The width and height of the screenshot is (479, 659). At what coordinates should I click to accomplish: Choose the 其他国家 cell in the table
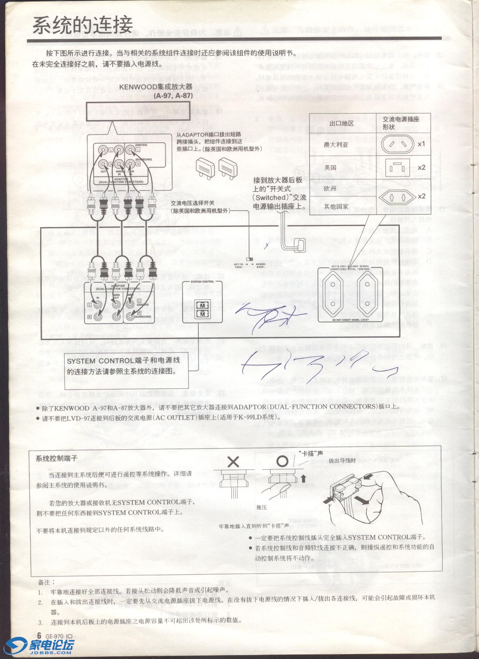(x=336, y=207)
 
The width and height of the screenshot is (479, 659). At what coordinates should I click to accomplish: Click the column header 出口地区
(x=341, y=123)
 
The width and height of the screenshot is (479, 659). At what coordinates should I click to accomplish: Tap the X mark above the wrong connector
(x=233, y=461)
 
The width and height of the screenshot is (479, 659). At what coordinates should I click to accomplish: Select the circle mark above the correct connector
(x=283, y=461)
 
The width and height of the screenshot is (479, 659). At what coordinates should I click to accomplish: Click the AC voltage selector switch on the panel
(x=249, y=259)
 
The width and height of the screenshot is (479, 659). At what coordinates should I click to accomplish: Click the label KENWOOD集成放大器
(x=156, y=87)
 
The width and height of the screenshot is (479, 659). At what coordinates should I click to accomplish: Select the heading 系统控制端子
(x=57, y=458)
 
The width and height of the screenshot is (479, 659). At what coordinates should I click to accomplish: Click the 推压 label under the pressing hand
(x=262, y=507)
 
